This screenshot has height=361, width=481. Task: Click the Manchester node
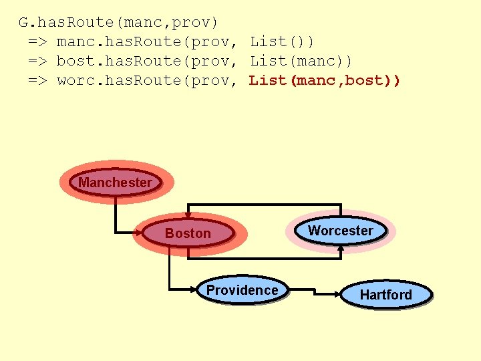point(116,183)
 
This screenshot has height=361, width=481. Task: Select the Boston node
point(188,233)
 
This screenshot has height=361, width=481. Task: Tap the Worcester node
point(341,231)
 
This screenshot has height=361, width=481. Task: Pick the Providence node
point(242,290)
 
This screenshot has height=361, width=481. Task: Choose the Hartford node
point(385,295)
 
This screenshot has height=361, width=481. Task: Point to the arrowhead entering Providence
point(194,289)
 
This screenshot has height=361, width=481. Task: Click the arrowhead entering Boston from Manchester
point(140,233)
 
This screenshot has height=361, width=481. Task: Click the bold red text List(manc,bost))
point(325,81)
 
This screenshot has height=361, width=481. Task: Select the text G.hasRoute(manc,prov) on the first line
point(118,23)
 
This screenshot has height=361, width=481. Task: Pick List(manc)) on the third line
point(301,62)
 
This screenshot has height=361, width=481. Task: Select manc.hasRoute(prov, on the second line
point(147,42)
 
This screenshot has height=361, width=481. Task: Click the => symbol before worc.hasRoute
point(37,81)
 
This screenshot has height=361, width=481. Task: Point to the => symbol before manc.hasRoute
point(37,42)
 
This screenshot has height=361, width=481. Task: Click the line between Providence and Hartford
point(311,291)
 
